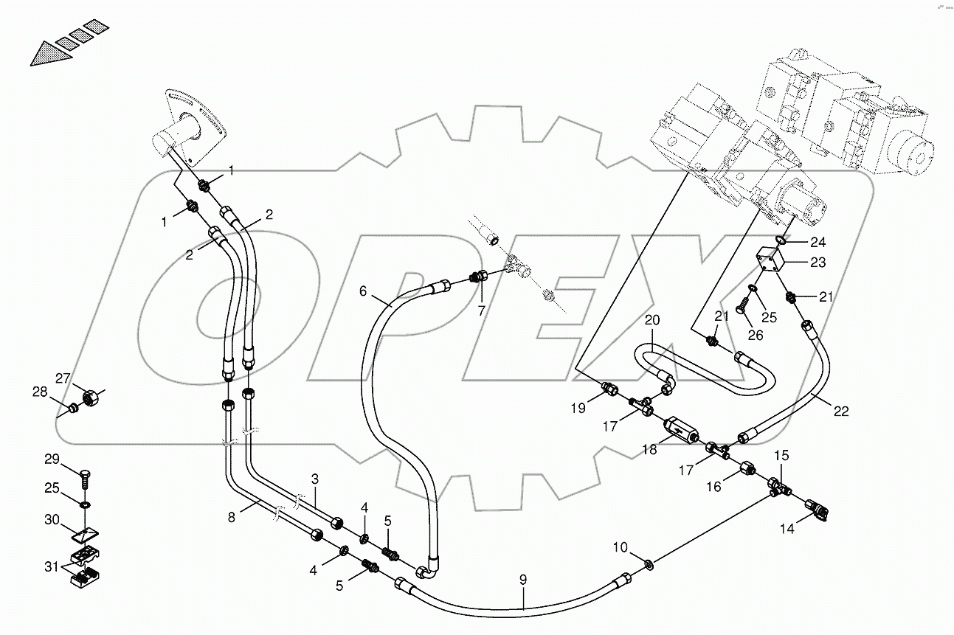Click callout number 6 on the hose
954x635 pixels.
click(363, 291)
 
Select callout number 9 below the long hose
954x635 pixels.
click(523, 580)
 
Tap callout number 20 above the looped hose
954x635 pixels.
click(651, 320)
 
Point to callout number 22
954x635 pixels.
click(842, 412)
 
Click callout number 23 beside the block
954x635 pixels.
click(818, 262)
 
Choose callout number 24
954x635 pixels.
click(818, 242)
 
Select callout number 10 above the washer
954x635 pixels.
click(620, 547)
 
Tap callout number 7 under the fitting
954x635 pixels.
click(481, 311)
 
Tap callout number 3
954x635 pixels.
click(314, 479)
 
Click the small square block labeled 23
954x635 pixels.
click(768, 262)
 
